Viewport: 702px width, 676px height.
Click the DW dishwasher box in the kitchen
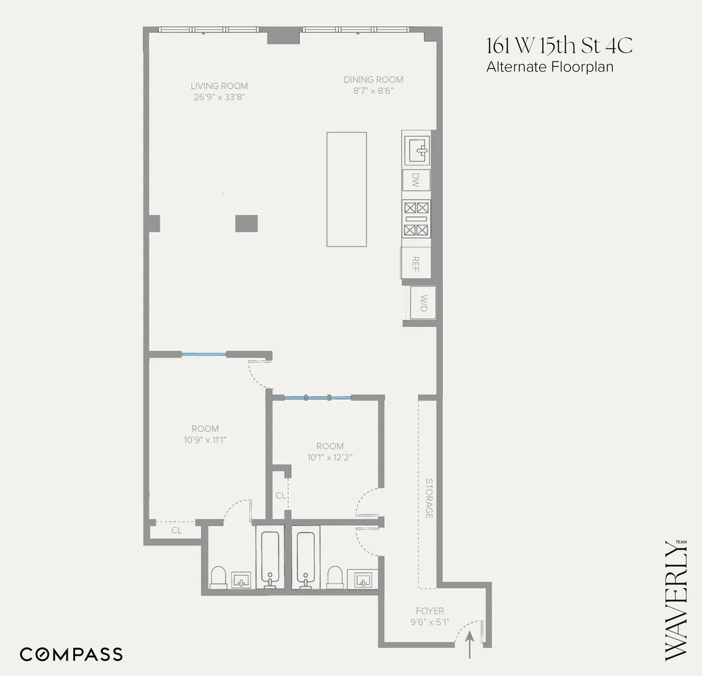(x=416, y=180)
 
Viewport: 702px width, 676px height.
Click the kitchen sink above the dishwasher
(x=416, y=148)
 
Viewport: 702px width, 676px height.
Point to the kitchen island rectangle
(x=346, y=189)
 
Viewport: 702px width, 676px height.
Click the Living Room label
(x=219, y=86)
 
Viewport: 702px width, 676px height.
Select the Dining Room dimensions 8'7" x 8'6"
(x=374, y=91)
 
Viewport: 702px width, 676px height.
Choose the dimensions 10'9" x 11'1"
(x=205, y=440)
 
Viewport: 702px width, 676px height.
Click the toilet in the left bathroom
(x=218, y=578)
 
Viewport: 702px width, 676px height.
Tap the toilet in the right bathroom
(x=335, y=578)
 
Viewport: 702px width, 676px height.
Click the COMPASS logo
(x=71, y=654)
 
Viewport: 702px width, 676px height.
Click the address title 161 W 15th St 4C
(x=559, y=47)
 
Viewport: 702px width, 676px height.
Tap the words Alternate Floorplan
(x=549, y=67)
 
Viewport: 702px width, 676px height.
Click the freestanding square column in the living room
(x=246, y=223)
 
